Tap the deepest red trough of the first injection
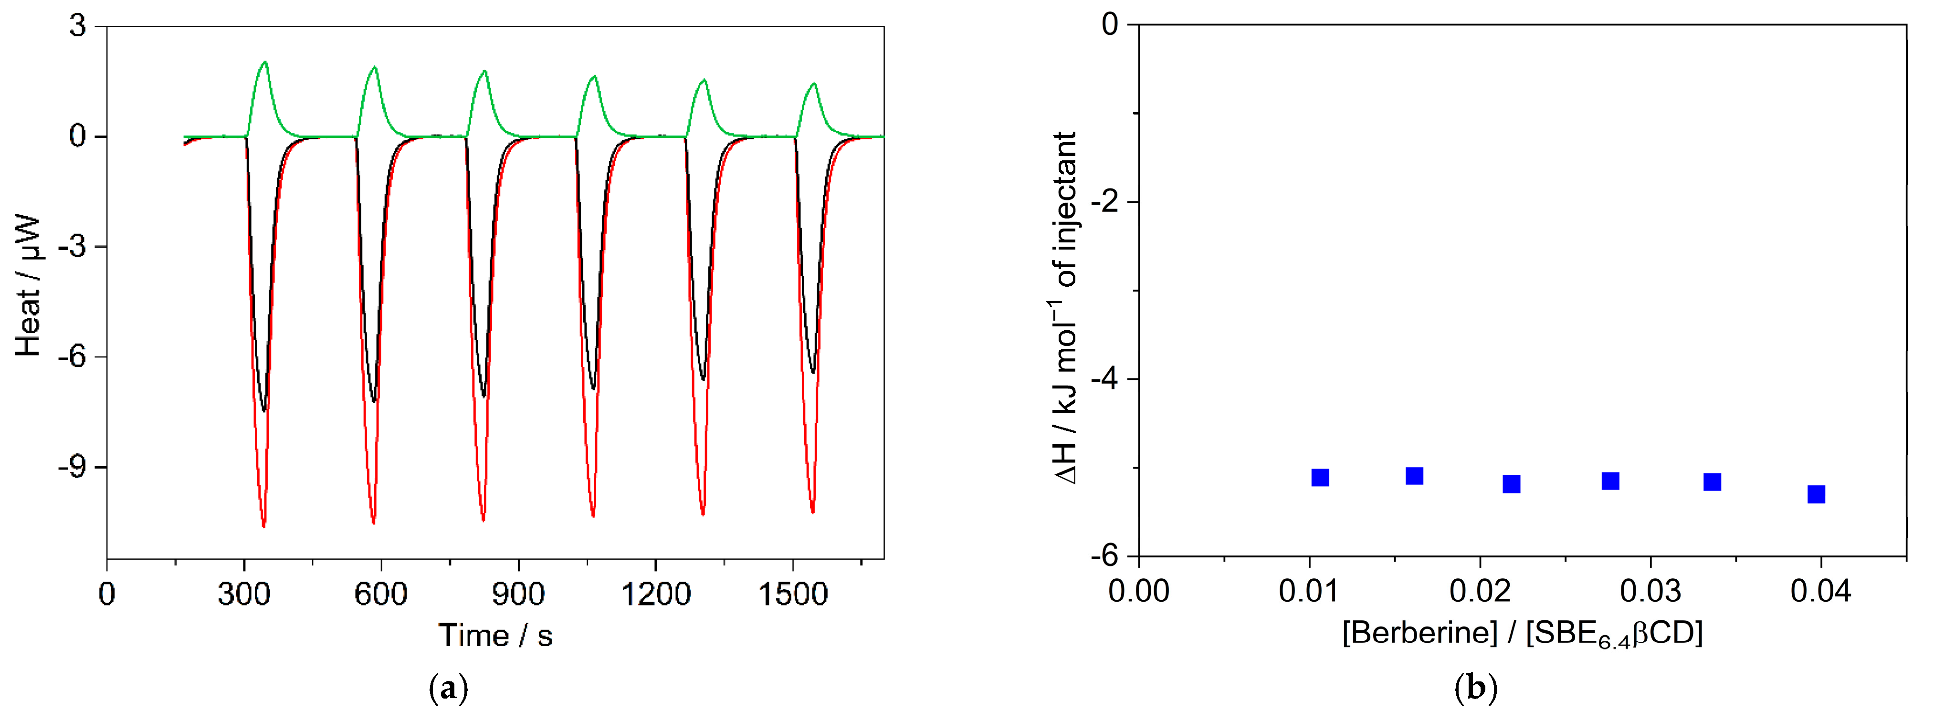point(263,526)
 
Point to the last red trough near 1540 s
point(812,512)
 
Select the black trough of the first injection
point(263,409)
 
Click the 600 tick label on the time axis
point(381,594)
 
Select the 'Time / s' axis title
point(495,636)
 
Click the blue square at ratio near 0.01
point(1320,477)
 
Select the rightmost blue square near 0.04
point(1816,494)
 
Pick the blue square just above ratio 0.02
point(1511,484)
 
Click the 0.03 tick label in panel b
point(1650,591)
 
